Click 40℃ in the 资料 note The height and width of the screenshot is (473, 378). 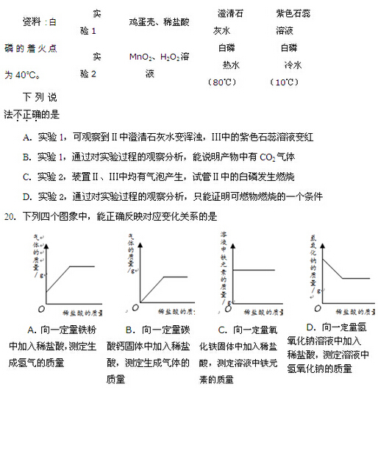[27, 74]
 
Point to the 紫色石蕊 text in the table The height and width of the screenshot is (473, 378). [293, 14]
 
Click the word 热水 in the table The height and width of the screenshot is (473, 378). [230, 65]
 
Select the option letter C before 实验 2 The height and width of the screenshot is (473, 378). [26, 177]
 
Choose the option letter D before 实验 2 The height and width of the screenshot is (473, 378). [26, 196]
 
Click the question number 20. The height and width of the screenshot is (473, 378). [10, 216]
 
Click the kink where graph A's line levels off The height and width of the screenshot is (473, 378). [69, 266]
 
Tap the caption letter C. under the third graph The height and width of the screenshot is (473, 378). [221, 330]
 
